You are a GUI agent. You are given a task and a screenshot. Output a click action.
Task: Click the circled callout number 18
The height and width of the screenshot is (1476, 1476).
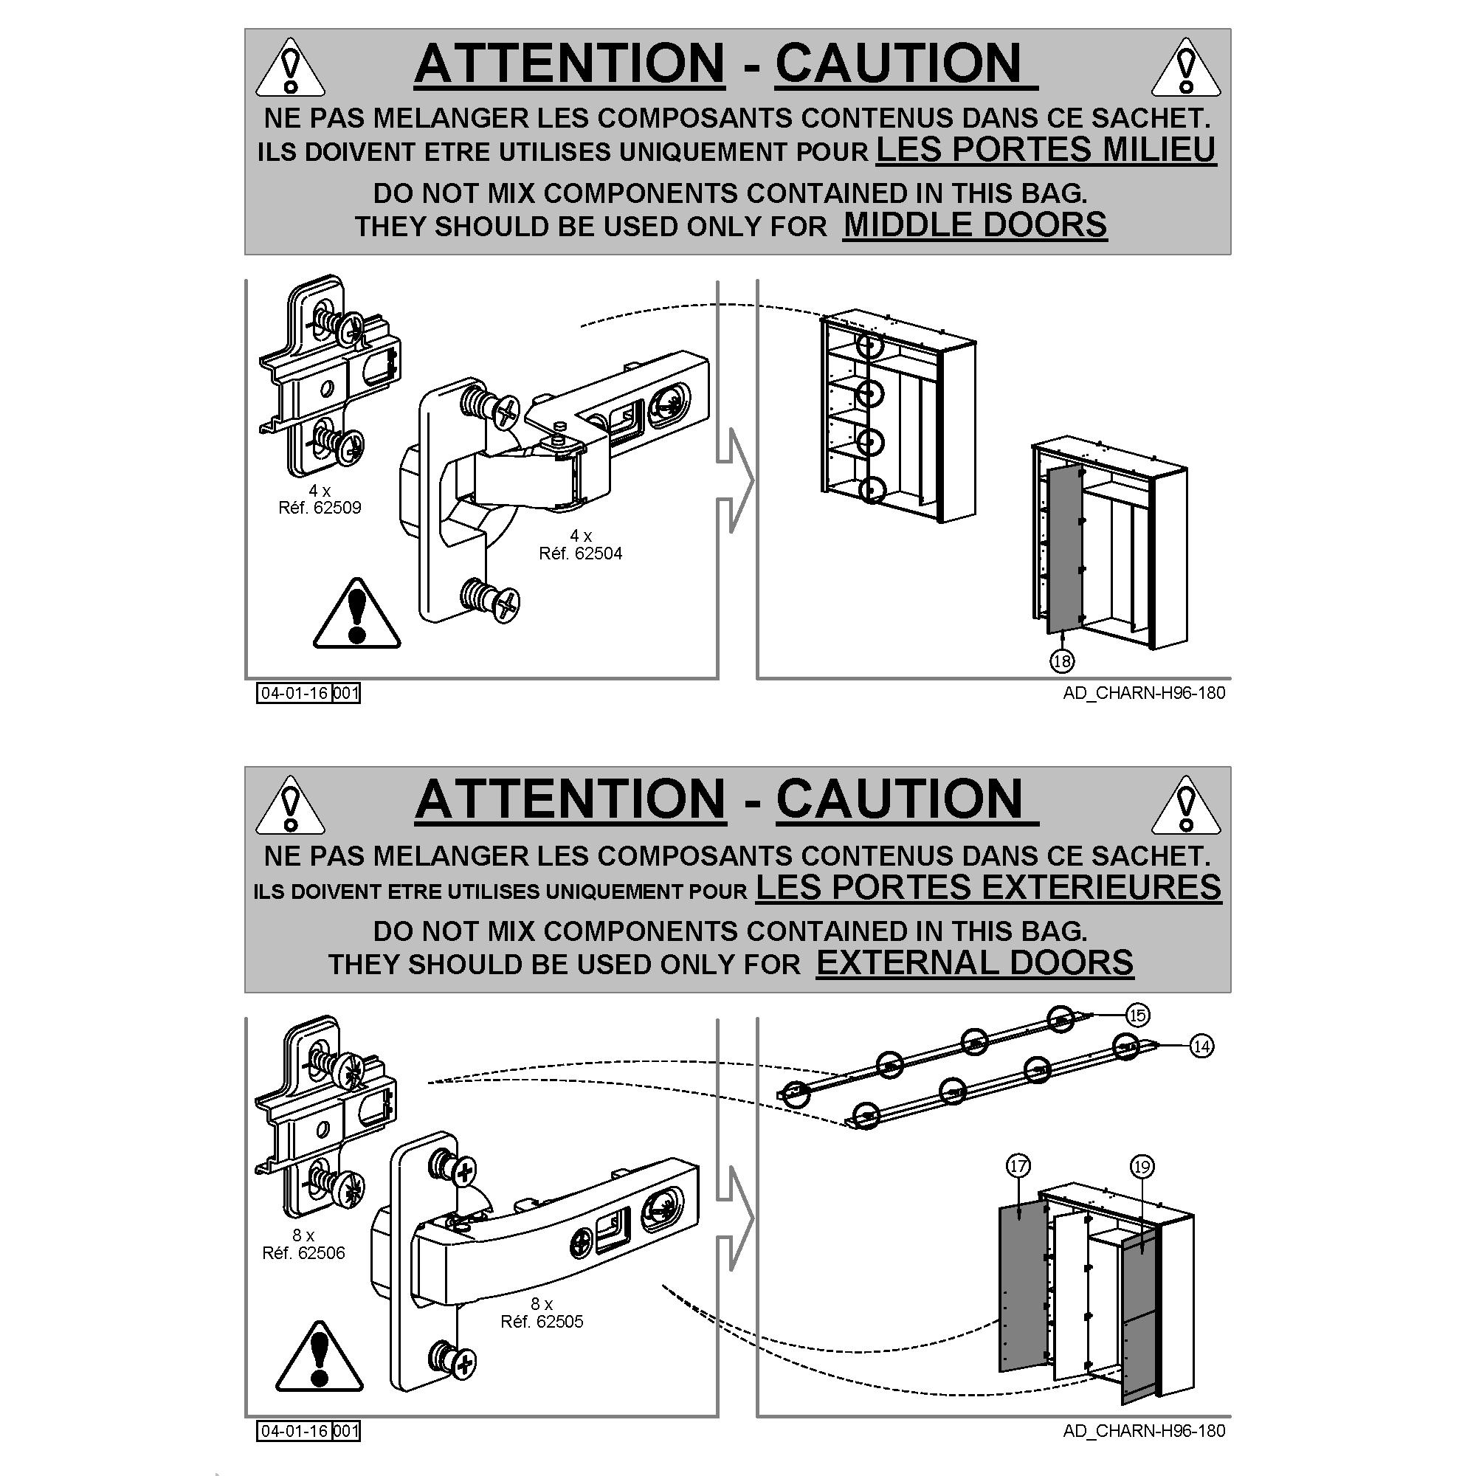point(1062,661)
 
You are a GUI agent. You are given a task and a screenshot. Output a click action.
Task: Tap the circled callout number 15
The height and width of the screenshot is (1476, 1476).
point(1137,1015)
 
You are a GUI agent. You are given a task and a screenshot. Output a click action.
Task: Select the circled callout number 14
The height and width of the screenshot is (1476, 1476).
point(1201,1046)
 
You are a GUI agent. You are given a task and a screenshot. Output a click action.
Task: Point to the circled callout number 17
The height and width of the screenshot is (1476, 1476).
point(1018,1166)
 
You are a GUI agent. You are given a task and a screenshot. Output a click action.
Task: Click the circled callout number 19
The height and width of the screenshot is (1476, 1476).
point(1142,1167)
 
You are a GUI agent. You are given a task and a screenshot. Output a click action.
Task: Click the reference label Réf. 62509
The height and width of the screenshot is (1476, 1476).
point(320,508)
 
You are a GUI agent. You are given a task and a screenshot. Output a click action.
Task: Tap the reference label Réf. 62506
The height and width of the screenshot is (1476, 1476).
point(303,1253)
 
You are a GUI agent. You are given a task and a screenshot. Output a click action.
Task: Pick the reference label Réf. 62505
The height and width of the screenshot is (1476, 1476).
point(542,1322)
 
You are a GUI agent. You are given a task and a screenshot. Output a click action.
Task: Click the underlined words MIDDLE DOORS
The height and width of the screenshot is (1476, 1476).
point(975,225)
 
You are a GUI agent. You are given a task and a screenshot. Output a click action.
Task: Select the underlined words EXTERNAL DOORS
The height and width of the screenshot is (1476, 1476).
point(975,962)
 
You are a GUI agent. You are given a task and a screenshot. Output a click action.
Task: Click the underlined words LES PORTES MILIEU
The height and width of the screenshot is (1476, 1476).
point(1046,149)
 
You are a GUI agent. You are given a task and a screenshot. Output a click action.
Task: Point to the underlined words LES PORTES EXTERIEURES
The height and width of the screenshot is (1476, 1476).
point(989,887)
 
